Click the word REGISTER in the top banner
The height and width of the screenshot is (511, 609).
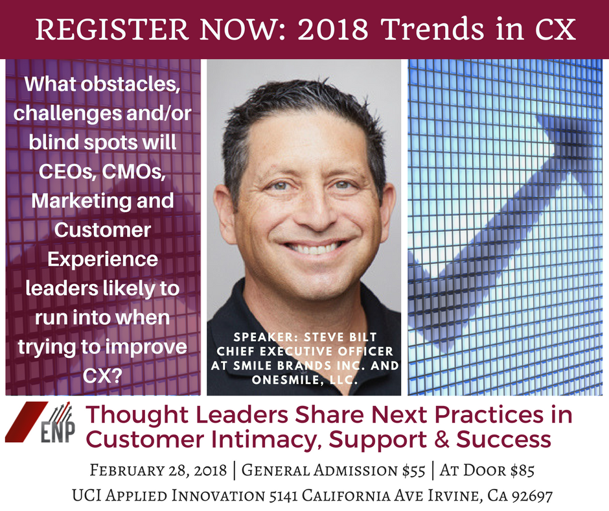(112, 29)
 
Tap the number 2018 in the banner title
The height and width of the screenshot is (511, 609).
(333, 29)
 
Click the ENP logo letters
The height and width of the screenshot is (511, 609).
(58, 432)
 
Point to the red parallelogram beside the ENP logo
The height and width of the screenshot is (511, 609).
(27, 422)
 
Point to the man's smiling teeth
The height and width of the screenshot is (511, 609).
(315, 248)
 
